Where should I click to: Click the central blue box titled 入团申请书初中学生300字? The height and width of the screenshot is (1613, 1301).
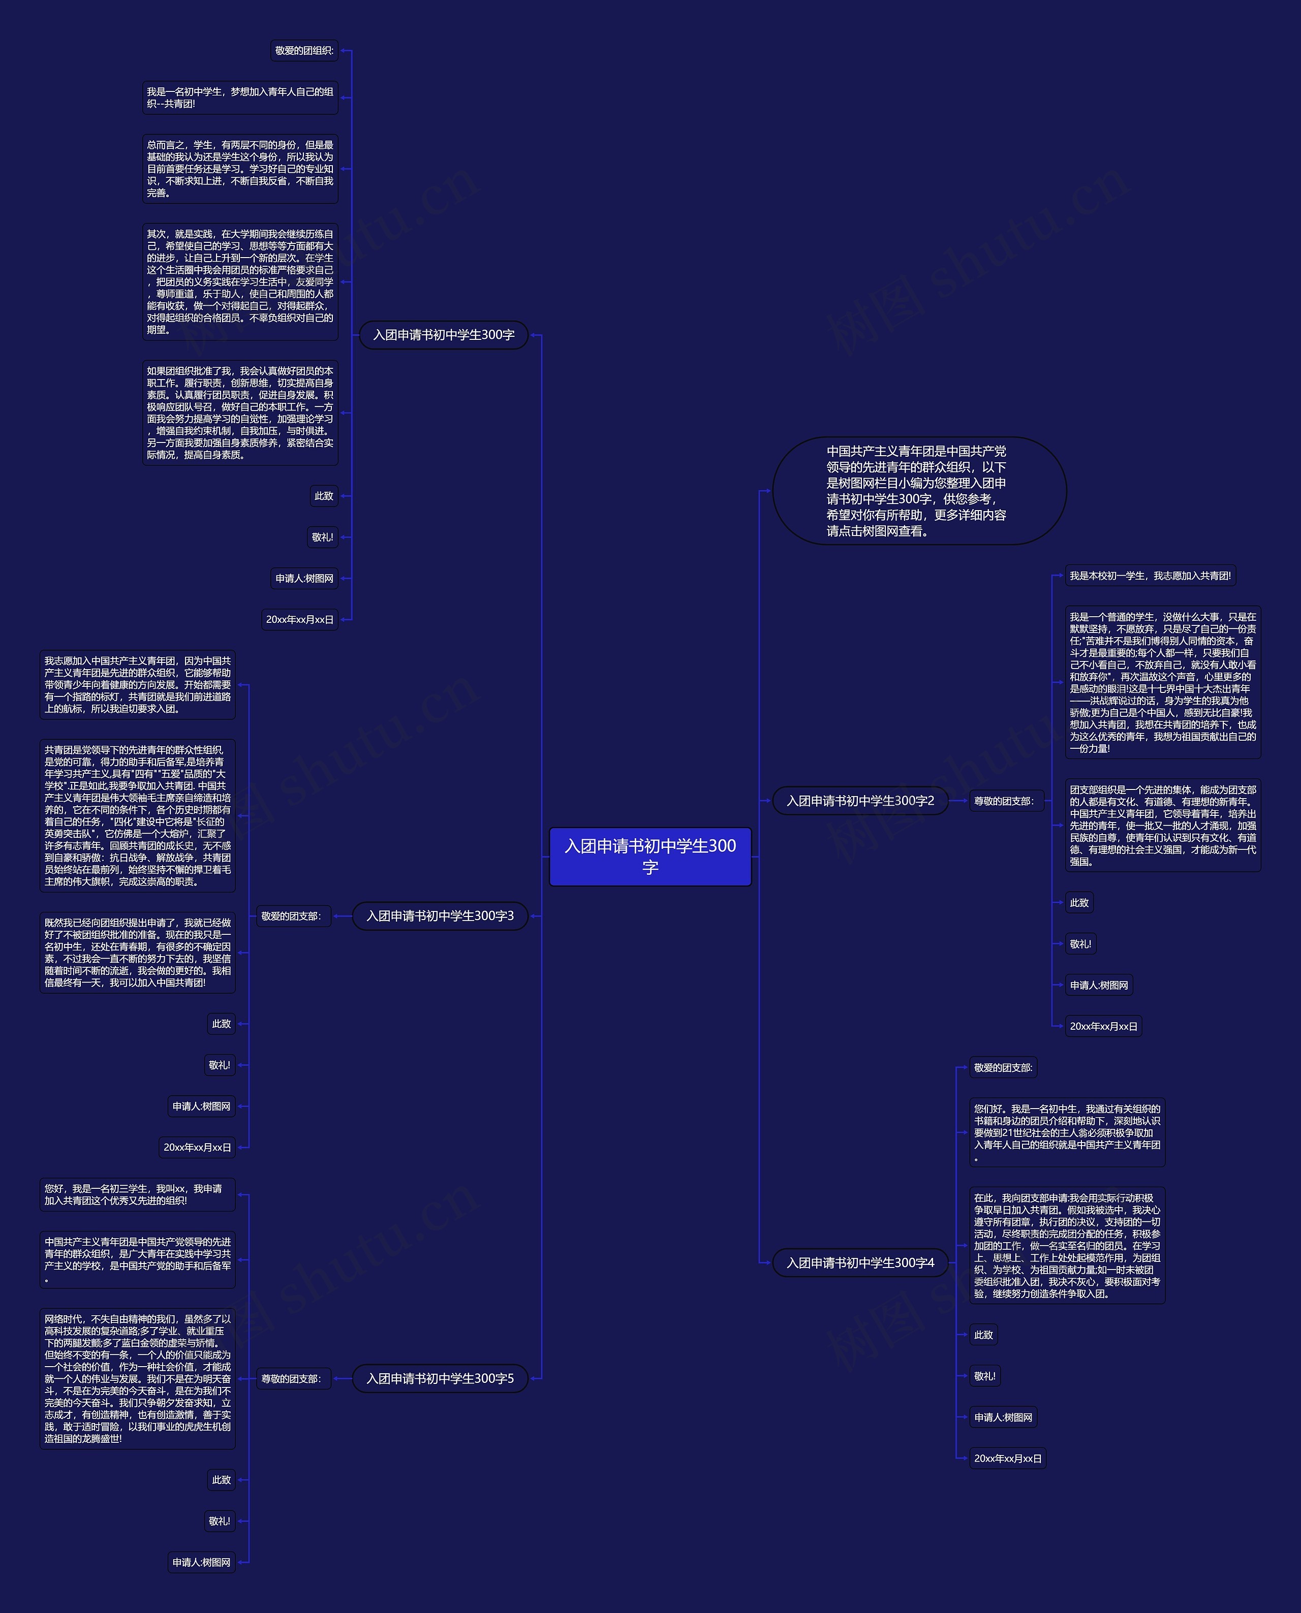(x=650, y=857)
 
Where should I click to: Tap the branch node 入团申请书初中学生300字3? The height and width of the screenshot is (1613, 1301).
(x=440, y=915)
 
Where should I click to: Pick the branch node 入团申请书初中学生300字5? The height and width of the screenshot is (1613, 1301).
(x=440, y=1378)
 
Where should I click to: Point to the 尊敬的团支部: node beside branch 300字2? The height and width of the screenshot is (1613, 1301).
(x=1004, y=801)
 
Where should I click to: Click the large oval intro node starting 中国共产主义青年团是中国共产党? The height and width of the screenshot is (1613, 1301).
(x=919, y=491)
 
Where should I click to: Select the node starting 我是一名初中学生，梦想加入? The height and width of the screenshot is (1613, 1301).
(x=240, y=98)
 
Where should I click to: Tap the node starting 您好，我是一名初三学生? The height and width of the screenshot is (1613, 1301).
(x=137, y=1194)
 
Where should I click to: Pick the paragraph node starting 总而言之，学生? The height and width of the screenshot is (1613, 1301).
(x=240, y=169)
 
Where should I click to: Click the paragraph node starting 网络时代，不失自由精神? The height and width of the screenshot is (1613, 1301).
(x=137, y=1378)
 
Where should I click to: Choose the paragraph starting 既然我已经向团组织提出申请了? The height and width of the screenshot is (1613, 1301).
(x=137, y=952)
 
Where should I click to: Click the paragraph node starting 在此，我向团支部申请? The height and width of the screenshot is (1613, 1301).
(x=1067, y=1245)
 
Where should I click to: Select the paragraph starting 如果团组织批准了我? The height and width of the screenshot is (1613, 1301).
(x=240, y=413)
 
